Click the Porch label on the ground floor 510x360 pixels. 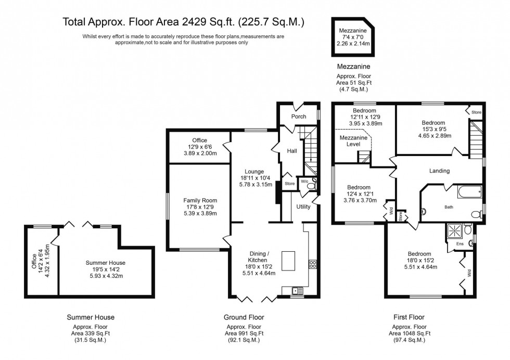pos(299,117)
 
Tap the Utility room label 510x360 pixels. pos(303,207)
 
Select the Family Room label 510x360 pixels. pos(200,200)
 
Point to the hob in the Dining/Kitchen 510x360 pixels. pos(313,264)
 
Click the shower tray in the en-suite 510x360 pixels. pos(453,229)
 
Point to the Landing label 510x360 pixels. pos(439,171)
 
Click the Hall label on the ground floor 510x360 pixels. pos(292,151)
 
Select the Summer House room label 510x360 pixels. pos(106,263)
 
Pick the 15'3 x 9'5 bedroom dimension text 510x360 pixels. pos(433,130)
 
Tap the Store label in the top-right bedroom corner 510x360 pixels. pos(476,112)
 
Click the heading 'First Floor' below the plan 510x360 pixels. pos(409,317)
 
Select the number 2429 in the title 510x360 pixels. pos(183,22)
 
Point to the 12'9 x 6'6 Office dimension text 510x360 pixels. pos(199,147)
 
